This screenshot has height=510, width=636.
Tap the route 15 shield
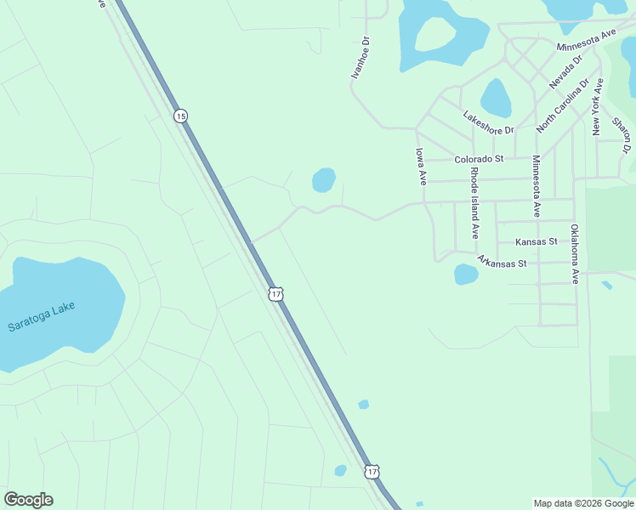[x=180, y=115]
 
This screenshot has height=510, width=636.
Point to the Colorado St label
[x=479, y=159]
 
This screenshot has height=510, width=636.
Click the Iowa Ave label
[x=420, y=167]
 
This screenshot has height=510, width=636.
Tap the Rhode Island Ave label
[x=474, y=203]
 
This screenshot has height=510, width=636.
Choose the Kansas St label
[x=536, y=241]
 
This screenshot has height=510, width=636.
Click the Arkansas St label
[x=502, y=262]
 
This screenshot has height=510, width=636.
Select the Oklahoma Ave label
[x=575, y=253]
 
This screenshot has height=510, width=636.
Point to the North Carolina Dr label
[x=563, y=106]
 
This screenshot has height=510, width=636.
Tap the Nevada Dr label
[x=565, y=72]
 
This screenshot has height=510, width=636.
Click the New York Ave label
[x=598, y=106]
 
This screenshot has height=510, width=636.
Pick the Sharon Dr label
[x=622, y=134]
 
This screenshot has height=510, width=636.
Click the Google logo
[x=28, y=500]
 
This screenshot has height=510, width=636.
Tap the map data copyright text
[x=583, y=503]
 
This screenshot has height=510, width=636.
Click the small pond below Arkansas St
[x=466, y=274]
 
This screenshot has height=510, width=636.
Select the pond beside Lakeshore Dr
[x=496, y=98]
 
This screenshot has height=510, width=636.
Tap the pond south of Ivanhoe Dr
[x=323, y=180]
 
